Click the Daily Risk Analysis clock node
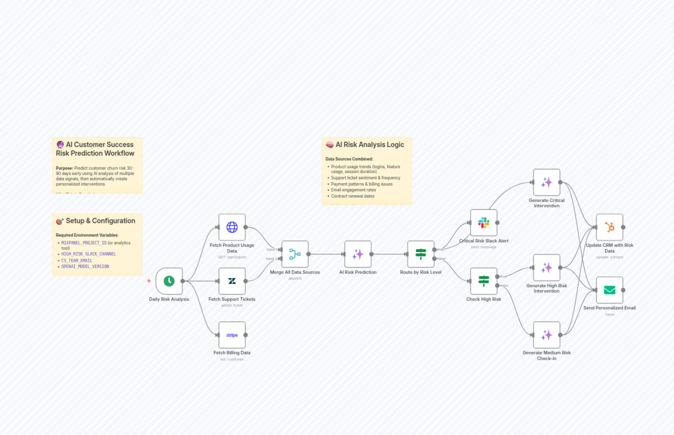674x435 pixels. pyautogui.click(x=169, y=281)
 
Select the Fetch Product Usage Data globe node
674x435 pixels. pyautogui.click(x=232, y=227)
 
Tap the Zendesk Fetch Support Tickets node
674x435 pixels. pyautogui.click(x=232, y=281)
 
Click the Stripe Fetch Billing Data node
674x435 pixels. pyautogui.click(x=232, y=335)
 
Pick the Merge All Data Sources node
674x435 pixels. pyautogui.click(x=295, y=254)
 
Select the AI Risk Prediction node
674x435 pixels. pyautogui.click(x=358, y=254)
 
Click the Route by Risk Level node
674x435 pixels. pyautogui.click(x=421, y=254)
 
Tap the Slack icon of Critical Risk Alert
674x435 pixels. pyautogui.click(x=484, y=223)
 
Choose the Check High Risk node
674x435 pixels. pyautogui.click(x=484, y=281)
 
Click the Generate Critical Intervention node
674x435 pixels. pyautogui.click(x=546, y=182)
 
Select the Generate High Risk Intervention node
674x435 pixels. pyautogui.click(x=546, y=268)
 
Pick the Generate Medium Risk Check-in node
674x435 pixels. pyautogui.click(x=546, y=335)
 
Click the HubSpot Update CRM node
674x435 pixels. pyautogui.click(x=610, y=227)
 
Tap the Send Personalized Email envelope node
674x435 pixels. pyautogui.click(x=610, y=290)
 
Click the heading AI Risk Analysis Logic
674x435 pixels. pyautogui.click(x=370, y=145)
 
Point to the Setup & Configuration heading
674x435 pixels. pyautogui.click(x=100, y=221)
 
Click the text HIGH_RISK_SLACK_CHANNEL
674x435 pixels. pyautogui.click(x=89, y=254)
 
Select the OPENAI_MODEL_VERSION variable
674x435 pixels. pyautogui.click(x=85, y=266)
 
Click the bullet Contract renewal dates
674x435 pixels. pyautogui.click(x=352, y=196)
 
